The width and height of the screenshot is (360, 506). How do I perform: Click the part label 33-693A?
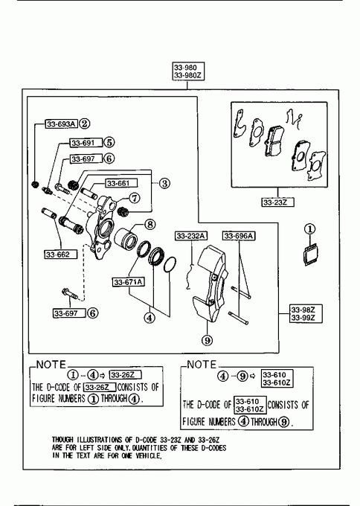click(x=61, y=124)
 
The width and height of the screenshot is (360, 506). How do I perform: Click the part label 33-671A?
click(x=128, y=282)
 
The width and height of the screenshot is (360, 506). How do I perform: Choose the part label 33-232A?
click(x=191, y=236)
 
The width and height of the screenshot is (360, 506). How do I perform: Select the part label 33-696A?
click(x=239, y=236)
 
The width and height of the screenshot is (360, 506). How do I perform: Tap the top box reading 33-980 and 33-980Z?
click(x=187, y=71)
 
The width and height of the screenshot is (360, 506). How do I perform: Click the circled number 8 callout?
click(x=150, y=224)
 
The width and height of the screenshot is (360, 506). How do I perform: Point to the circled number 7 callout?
click(x=135, y=198)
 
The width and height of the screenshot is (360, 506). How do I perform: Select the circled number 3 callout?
click(x=164, y=183)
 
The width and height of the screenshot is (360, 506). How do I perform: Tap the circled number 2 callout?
click(x=85, y=124)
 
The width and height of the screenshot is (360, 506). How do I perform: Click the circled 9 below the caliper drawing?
click(x=208, y=340)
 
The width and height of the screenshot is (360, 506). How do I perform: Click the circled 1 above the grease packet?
click(x=309, y=229)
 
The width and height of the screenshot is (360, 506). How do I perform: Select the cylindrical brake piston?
click(x=126, y=239)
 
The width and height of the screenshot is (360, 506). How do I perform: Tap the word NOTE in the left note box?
click(x=51, y=365)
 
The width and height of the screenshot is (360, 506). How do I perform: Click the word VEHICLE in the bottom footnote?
click(x=148, y=455)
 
